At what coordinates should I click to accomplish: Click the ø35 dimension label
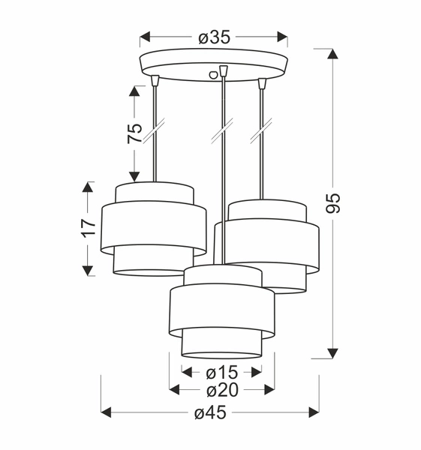(x=213, y=37)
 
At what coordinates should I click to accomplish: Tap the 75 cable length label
(x=134, y=133)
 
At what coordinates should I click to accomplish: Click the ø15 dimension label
(x=221, y=371)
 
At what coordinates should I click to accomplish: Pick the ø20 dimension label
(x=221, y=389)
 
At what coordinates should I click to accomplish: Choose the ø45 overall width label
(x=211, y=412)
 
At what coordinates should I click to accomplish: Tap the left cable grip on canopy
(x=155, y=80)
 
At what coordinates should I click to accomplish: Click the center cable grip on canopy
(x=222, y=72)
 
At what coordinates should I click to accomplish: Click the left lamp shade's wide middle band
(x=154, y=228)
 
